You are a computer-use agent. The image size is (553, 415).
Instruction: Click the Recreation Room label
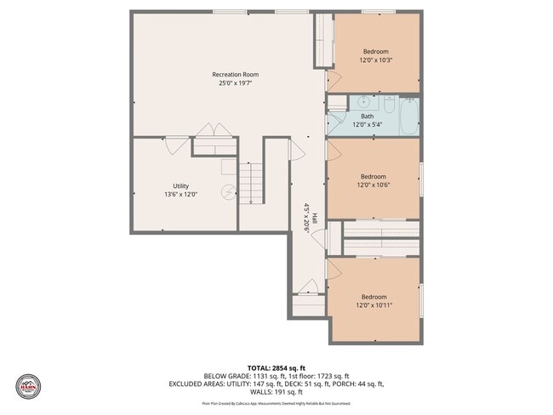(x=235, y=75)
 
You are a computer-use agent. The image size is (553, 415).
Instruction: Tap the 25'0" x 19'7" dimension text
(x=235, y=83)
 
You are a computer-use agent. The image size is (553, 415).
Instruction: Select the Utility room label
(x=180, y=185)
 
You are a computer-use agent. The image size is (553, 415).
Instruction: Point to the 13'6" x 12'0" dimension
(x=180, y=194)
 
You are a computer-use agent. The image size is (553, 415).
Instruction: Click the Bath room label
(x=367, y=117)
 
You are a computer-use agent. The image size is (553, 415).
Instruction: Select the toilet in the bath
(x=388, y=105)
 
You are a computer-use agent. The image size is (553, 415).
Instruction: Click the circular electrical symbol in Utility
(x=227, y=192)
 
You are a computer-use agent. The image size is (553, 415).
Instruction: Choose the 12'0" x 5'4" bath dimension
(x=367, y=125)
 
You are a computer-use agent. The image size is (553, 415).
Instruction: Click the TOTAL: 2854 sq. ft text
(x=276, y=367)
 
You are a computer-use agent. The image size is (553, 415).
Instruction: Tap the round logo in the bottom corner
(x=29, y=387)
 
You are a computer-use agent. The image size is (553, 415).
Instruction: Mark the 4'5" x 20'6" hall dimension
(x=306, y=219)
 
